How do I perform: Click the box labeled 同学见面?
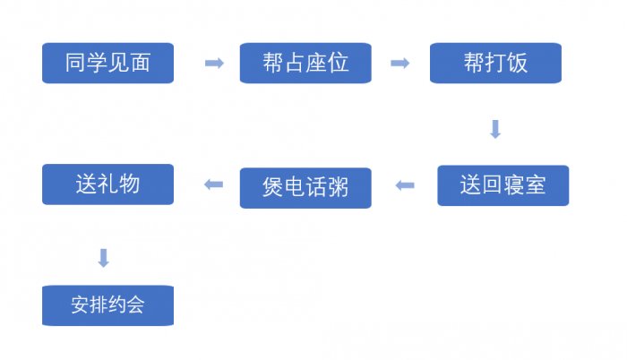coord(107,63)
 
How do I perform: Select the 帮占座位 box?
coord(305,63)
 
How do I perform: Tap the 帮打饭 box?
coord(495,63)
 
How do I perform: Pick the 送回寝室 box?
coord(502,185)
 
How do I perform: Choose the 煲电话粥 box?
coord(305,187)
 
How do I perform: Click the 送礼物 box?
coord(107,184)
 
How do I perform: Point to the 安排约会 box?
coord(107,305)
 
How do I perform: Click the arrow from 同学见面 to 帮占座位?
coord(214,63)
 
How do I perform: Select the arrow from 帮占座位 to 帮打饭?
coord(399,63)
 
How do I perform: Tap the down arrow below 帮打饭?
coord(494,129)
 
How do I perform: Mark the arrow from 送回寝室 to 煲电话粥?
coord(405,185)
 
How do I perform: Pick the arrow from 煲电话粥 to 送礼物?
coord(214,185)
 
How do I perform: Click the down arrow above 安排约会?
coord(104,258)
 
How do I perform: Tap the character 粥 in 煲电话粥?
coord(337,187)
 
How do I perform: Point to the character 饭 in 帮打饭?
coord(517,63)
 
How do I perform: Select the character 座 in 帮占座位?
coord(316,63)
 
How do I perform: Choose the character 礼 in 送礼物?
coord(107,184)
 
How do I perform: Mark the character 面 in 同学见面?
coord(140,63)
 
